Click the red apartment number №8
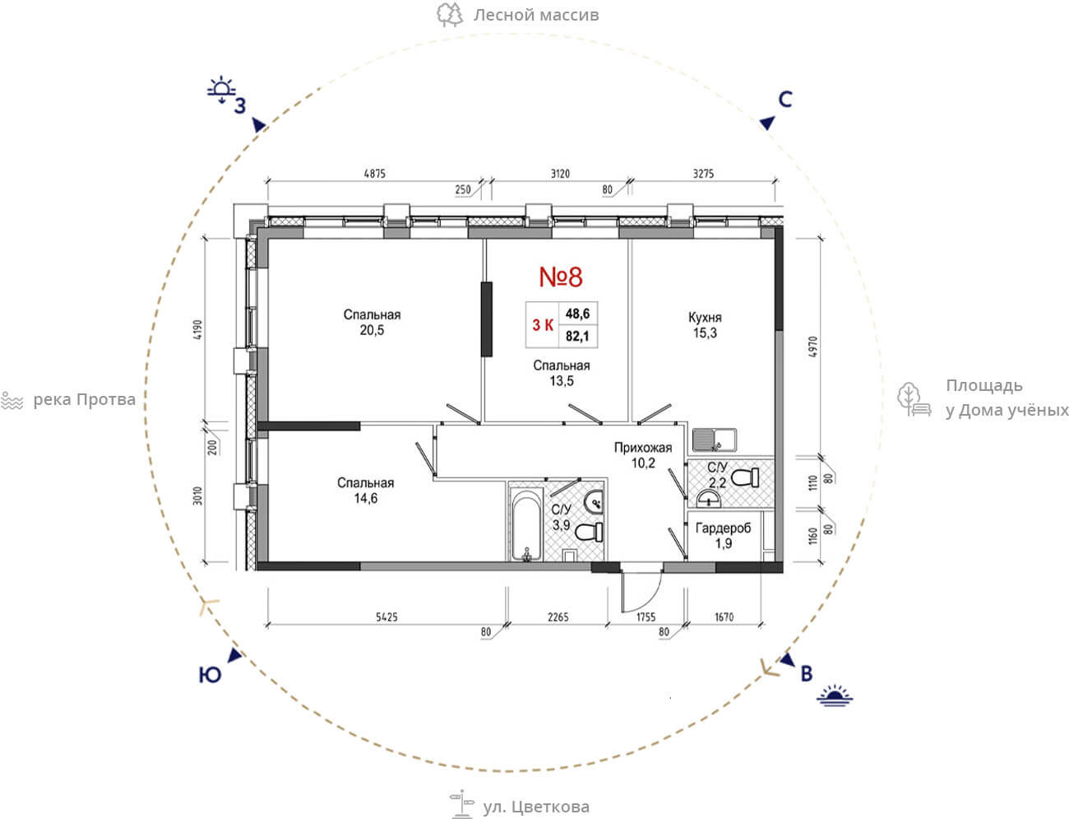561,277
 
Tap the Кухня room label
705,318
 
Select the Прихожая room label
643,448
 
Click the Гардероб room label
723,528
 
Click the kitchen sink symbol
715,440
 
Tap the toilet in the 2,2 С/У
745,477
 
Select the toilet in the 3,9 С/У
589,532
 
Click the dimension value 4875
374,174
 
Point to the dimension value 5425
386,617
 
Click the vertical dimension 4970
812,347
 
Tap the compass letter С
785,100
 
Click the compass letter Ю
210,675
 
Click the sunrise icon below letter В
835,696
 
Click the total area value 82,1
577,336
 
